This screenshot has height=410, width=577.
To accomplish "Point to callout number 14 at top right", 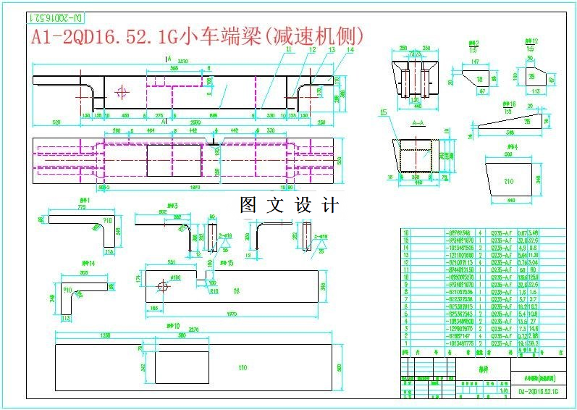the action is pos(350,50).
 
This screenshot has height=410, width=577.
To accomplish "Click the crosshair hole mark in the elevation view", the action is pos(122,92).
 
